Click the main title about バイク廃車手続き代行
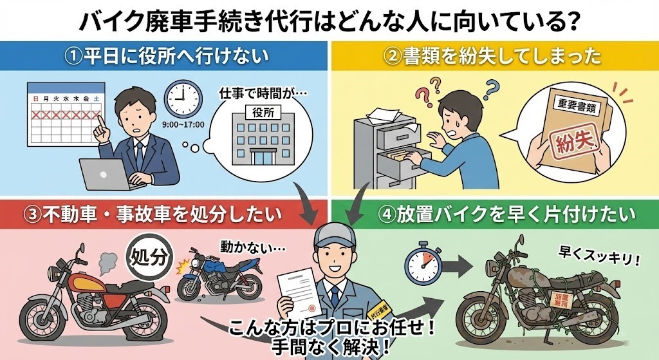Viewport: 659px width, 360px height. pyautogui.click(x=329, y=19)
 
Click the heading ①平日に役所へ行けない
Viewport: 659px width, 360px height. pyautogui.click(x=166, y=57)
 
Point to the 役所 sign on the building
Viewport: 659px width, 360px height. pyautogui.click(x=260, y=111)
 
